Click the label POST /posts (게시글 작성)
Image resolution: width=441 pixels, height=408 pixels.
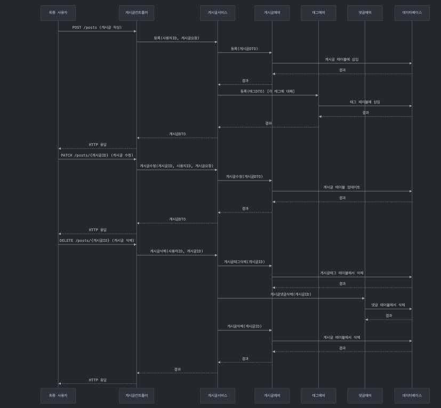(x=97, y=27)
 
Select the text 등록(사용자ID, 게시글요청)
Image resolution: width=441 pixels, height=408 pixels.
(x=177, y=38)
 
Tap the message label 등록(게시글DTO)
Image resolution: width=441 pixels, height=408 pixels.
(x=244, y=48)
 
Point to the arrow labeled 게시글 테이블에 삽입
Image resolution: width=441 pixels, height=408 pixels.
(x=342, y=63)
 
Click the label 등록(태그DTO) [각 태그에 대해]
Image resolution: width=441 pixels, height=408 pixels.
(x=267, y=91)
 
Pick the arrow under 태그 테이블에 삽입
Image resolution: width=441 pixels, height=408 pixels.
(x=365, y=106)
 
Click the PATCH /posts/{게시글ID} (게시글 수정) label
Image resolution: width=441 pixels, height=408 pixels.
(x=97, y=155)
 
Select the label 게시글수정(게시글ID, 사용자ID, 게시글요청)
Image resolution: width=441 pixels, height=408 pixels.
(x=177, y=166)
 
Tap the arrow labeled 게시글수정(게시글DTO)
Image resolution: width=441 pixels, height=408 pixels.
(x=244, y=181)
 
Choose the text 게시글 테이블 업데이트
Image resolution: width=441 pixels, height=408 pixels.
(x=342, y=187)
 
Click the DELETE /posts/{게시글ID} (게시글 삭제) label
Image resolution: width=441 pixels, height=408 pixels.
(x=97, y=240)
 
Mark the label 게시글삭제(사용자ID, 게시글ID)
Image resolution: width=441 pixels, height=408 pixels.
(x=177, y=251)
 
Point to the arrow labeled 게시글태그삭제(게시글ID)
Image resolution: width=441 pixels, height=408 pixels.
(x=244, y=266)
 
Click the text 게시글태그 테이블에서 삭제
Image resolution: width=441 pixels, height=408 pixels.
(x=342, y=273)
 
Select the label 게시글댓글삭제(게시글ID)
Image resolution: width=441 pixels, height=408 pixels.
(x=291, y=294)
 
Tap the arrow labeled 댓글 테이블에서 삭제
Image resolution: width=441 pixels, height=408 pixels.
(x=388, y=309)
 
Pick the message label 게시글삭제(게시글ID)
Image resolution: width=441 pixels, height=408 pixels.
(x=244, y=326)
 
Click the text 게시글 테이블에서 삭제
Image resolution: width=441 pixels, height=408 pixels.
(x=342, y=337)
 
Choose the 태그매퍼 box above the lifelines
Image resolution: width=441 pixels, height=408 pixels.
(x=318, y=13)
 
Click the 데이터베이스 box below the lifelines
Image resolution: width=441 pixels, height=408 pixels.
(x=412, y=395)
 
